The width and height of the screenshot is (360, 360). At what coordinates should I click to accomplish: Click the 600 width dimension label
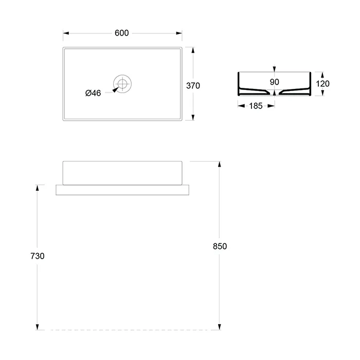[x=122, y=33]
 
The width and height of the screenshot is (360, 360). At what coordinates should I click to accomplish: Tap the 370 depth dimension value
[x=193, y=86]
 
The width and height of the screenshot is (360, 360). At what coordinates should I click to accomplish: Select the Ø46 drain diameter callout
[x=93, y=93]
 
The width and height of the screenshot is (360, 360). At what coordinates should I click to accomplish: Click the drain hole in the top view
[x=122, y=84]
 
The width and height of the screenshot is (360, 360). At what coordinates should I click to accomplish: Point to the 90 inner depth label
[x=274, y=82]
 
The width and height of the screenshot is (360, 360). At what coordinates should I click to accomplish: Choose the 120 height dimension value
[x=322, y=84]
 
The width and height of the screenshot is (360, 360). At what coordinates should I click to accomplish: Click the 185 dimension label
[x=256, y=106]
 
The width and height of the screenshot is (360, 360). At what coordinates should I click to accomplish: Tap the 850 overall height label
[x=220, y=246]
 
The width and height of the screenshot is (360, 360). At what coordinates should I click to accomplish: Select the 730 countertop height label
[x=38, y=256]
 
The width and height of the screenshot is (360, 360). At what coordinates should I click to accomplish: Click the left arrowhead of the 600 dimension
[x=66, y=33]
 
